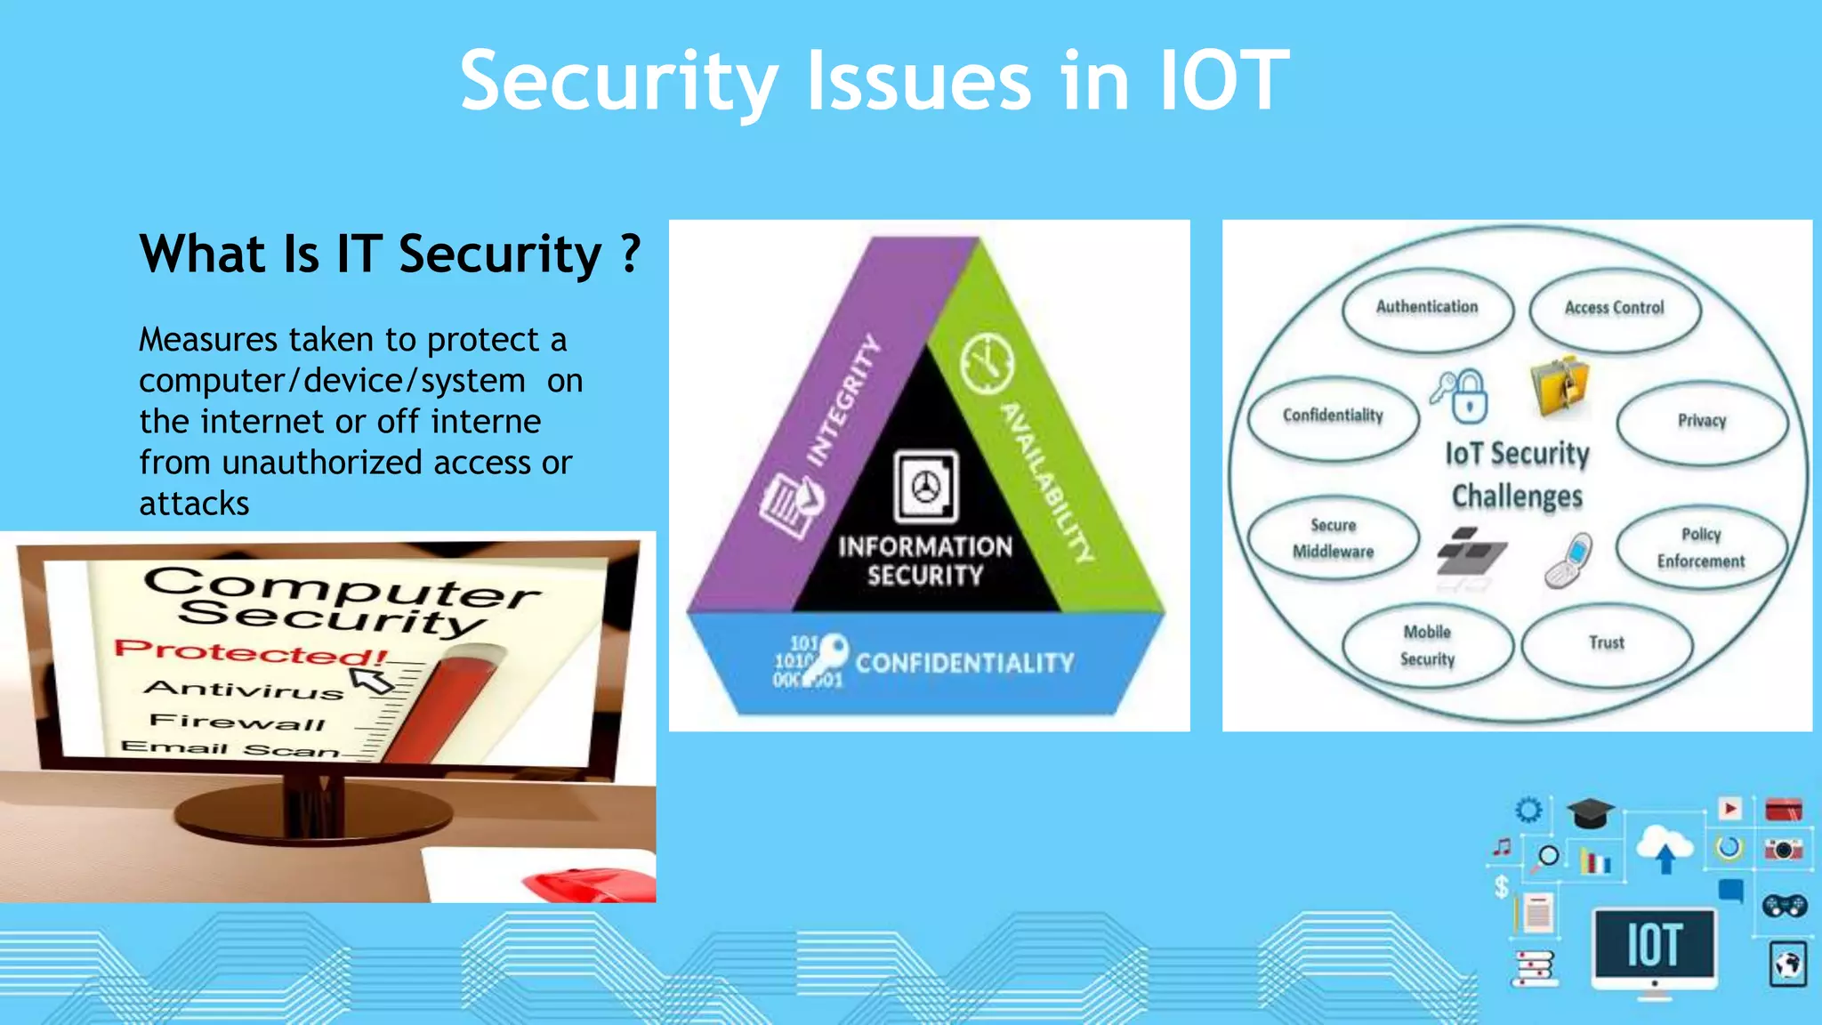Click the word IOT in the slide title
[1223, 82]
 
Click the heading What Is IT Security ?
[390, 254]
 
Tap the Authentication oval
[1427, 308]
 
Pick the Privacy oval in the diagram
[1701, 421]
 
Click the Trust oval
[1606, 643]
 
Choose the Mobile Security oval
[1427, 645]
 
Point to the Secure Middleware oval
[1333, 538]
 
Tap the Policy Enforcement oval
[1700, 547]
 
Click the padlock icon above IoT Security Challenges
[1469, 396]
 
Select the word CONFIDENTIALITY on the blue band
[964, 663]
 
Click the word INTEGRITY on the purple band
[842, 400]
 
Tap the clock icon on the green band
[987, 363]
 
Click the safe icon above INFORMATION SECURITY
[926, 486]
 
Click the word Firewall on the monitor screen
[237, 721]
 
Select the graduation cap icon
[1590, 812]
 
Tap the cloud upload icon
[1665, 848]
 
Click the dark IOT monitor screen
[1654, 944]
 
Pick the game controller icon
[1784, 906]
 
